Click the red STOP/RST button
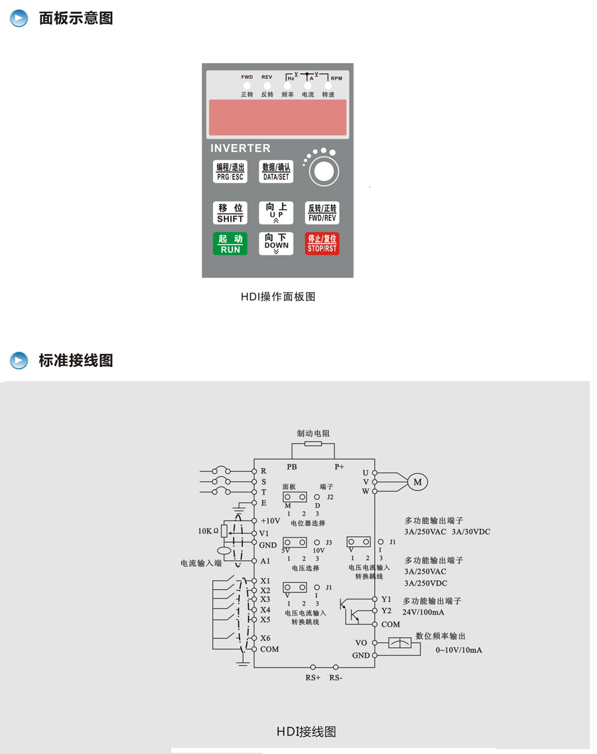tap(322, 244)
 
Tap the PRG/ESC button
tap(230, 172)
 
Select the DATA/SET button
tap(276, 172)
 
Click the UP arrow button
tap(276, 212)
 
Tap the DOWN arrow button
tap(276, 244)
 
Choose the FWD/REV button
tap(322, 212)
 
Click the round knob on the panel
tap(323, 171)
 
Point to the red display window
tap(277, 117)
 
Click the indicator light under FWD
tap(246, 86)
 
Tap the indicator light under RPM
tap(328, 86)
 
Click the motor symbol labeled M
tap(417, 482)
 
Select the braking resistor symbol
tap(312, 444)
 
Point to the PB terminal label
tap(292, 467)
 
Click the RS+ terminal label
tap(313, 678)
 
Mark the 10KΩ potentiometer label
tap(208, 531)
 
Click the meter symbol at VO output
tap(399, 642)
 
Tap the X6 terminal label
tap(265, 639)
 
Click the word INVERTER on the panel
tap(240, 148)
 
